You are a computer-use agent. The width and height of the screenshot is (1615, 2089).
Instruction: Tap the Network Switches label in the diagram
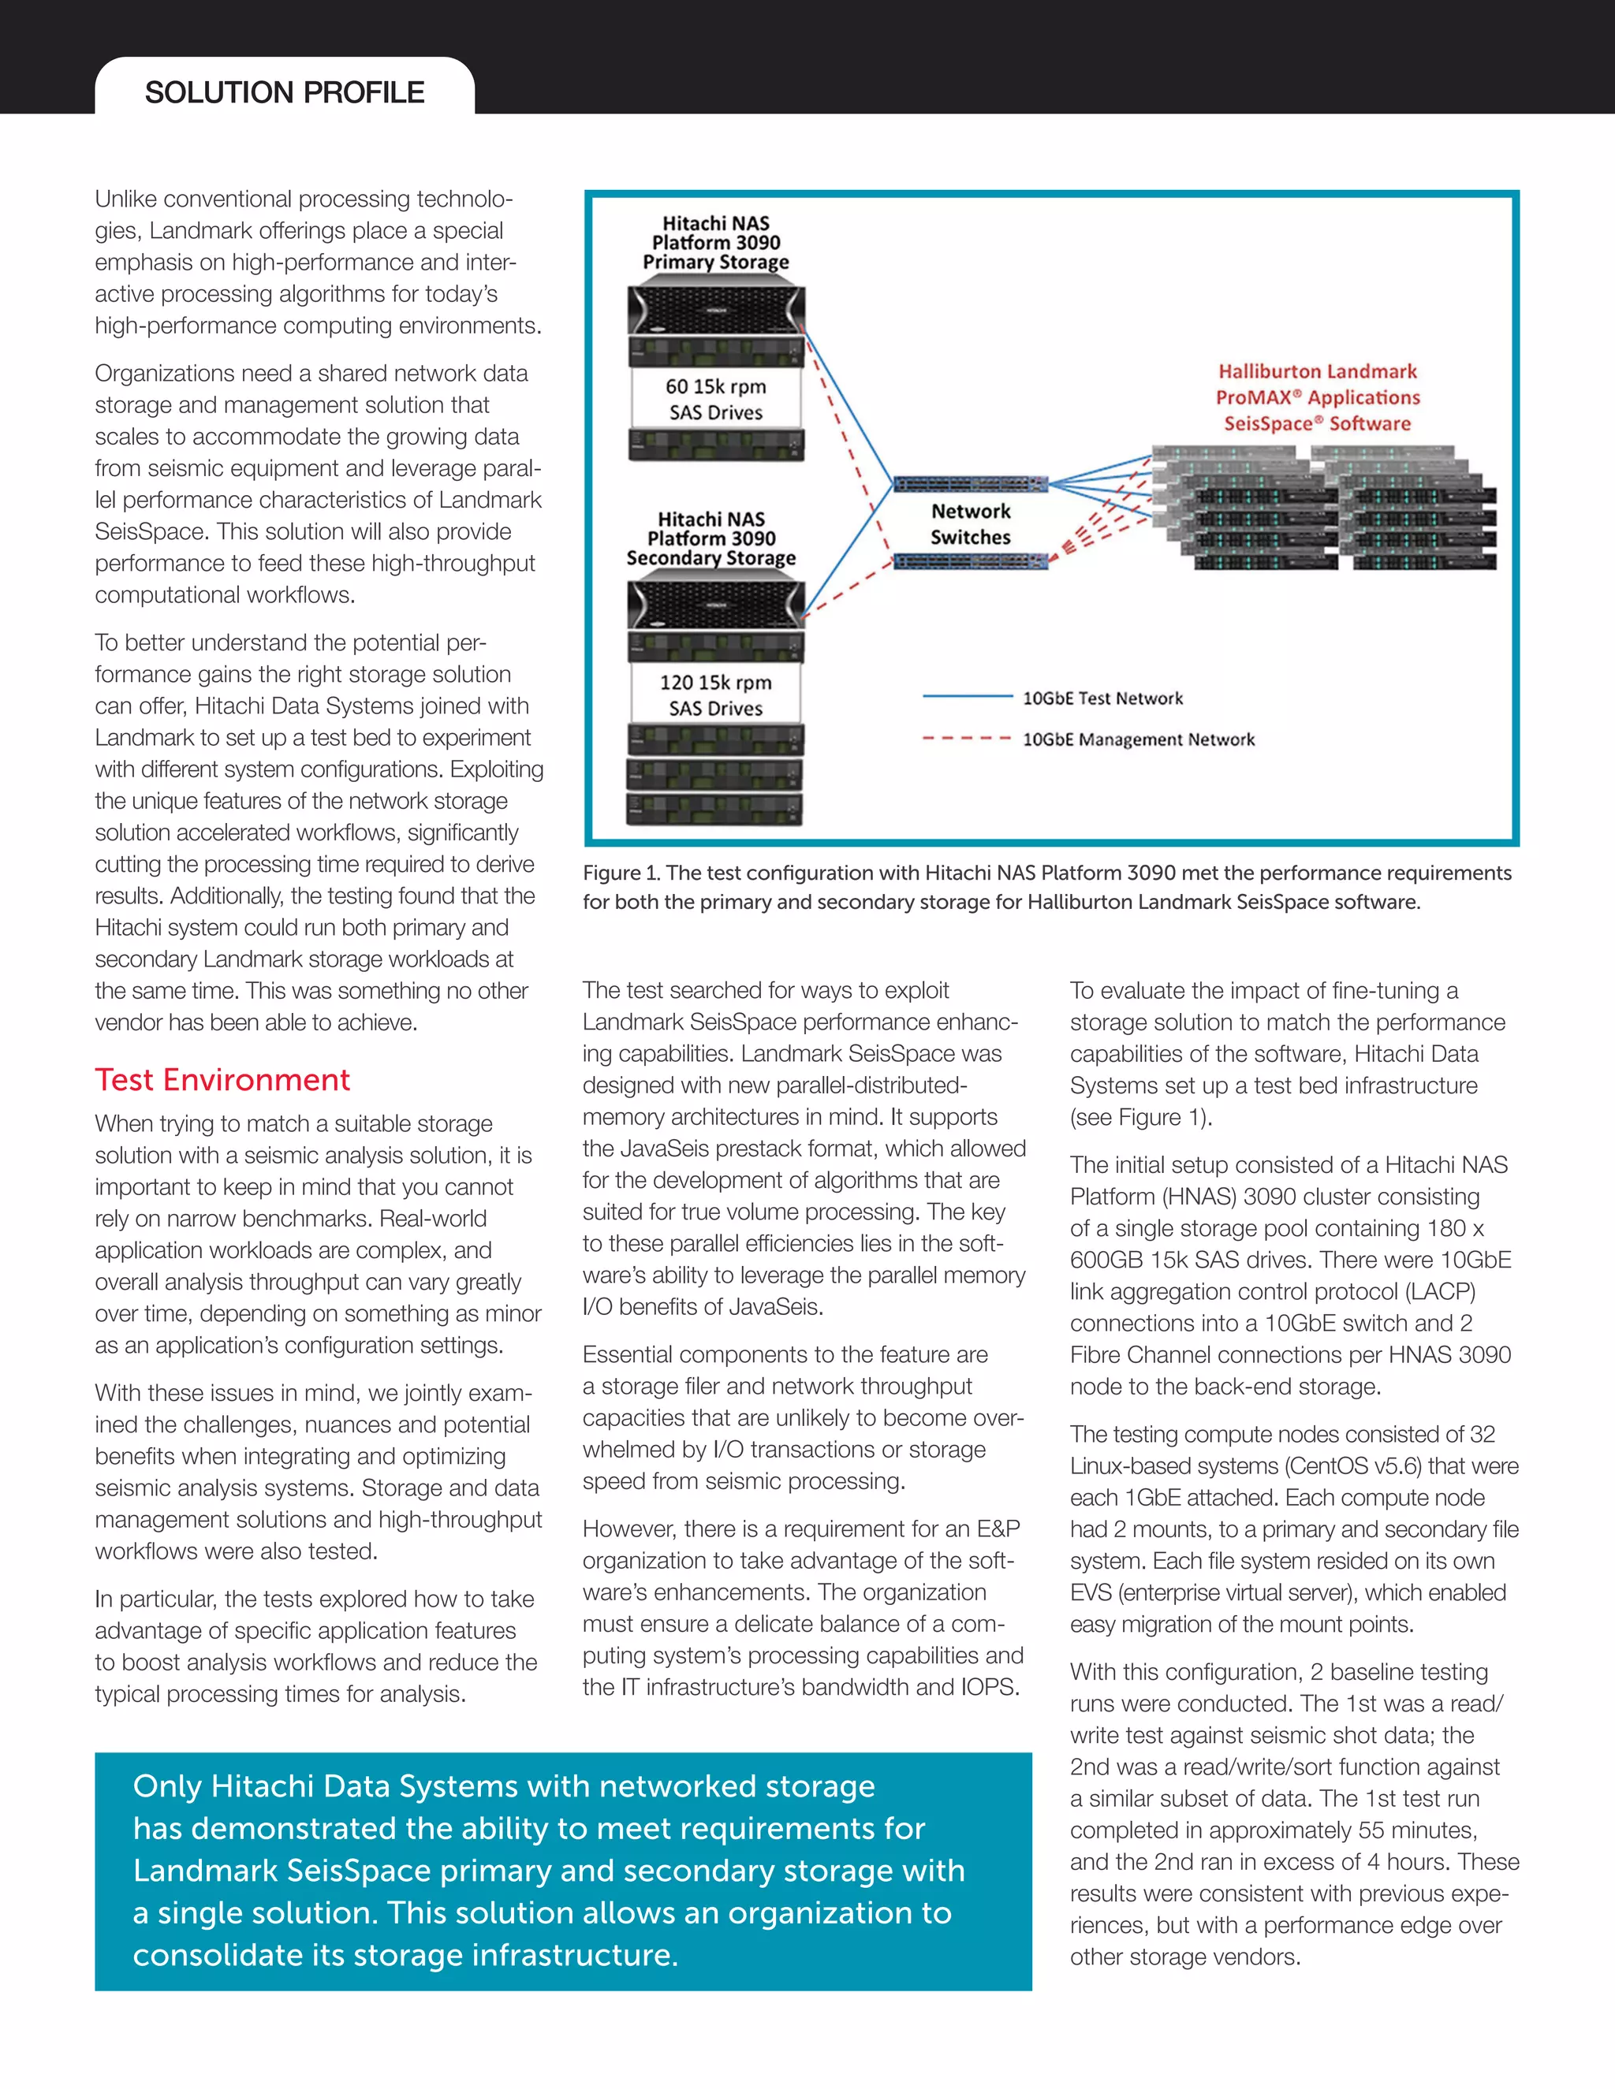(970, 524)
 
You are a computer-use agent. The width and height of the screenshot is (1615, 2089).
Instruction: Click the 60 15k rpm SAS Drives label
(716, 400)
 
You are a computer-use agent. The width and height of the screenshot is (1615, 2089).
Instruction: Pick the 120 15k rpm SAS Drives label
(716, 695)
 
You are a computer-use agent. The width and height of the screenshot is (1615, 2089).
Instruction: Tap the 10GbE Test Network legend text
(1102, 698)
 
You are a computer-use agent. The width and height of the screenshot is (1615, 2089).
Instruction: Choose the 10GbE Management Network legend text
(1138, 739)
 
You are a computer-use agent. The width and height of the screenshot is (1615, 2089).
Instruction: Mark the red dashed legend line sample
(966, 739)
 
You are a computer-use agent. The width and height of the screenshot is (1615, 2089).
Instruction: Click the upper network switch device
(970, 484)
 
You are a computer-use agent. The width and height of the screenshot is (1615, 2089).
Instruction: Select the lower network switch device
(970, 561)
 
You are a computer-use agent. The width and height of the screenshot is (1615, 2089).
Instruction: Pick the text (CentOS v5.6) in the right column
(1364, 1465)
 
